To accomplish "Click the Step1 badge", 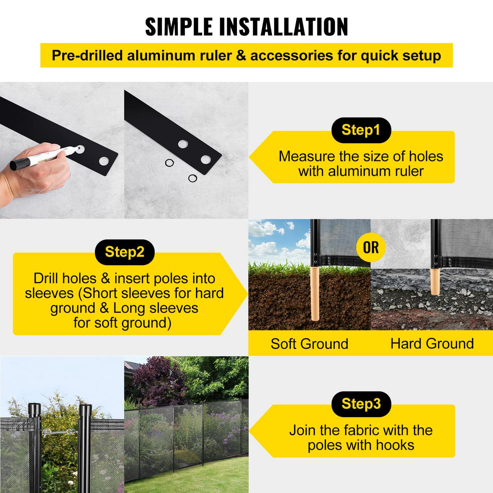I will (361, 130).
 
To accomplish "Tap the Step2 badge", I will (125, 252).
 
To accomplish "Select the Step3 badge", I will (361, 404).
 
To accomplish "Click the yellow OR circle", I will (371, 247).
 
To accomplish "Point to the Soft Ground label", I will (309, 344).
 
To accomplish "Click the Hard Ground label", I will (432, 344).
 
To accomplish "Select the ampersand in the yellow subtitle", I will (241, 56).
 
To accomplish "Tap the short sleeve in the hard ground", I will (435, 281).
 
